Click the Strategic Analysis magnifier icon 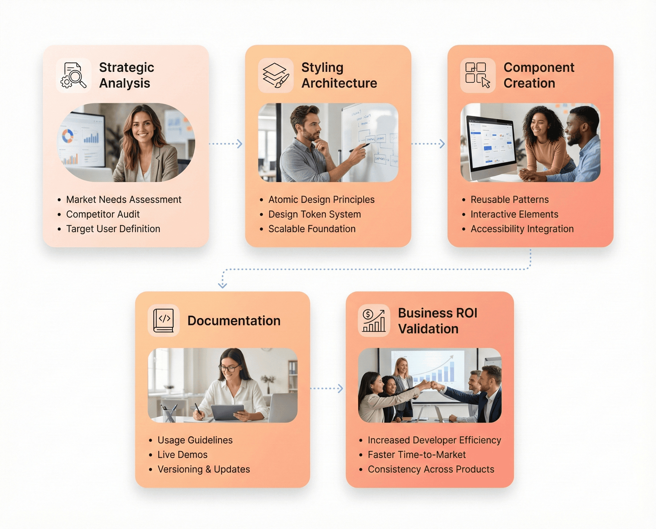pos(74,76)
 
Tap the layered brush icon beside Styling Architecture pos(276,76)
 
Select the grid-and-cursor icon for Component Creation pos(477,76)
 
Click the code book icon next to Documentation pos(164,321)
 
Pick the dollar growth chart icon pos(374,321)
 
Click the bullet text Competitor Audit pos(102,214)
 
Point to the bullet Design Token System pos(314,214)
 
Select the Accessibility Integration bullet pos(522,229)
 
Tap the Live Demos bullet pos(182,455)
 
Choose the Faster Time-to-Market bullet pos(417,455)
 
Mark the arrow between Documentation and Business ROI pos(327,388)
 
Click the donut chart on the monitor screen pos(67,136)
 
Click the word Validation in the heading pos(428,329)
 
